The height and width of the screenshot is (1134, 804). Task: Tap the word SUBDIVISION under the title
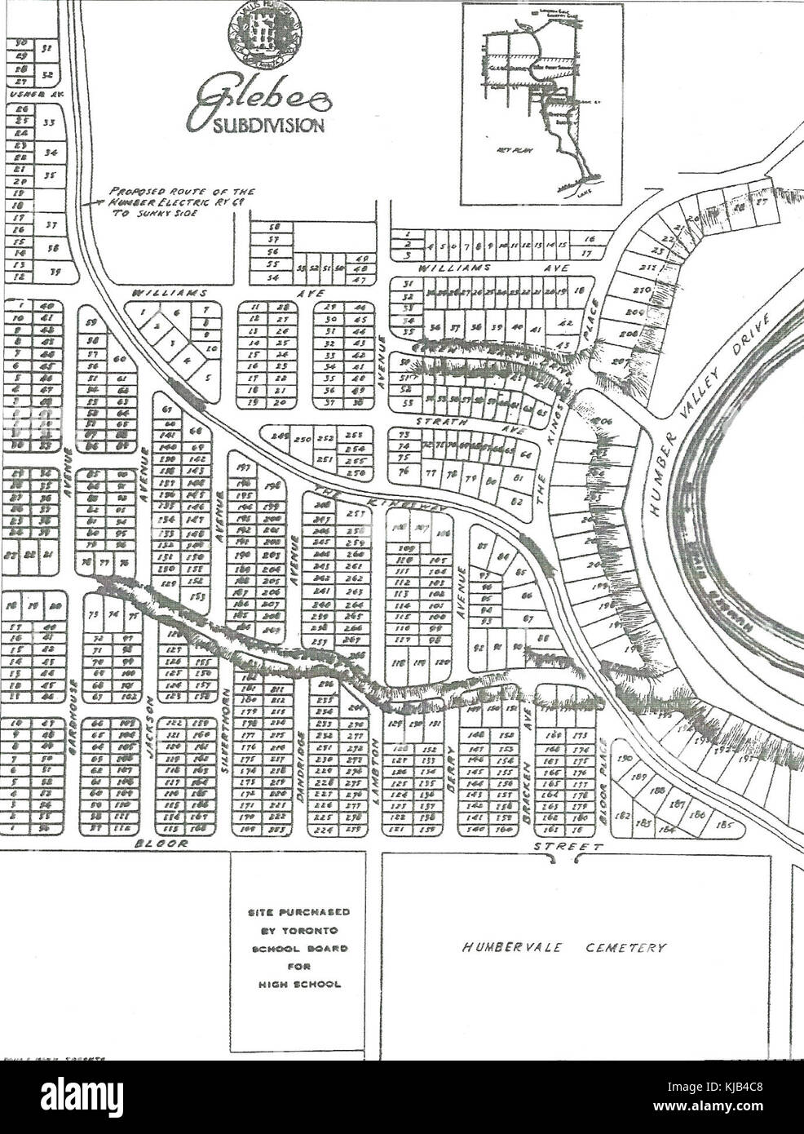[258, 126]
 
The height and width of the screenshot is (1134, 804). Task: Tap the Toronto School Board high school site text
[298, 947]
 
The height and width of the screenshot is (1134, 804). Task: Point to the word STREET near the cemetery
[569, 848]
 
